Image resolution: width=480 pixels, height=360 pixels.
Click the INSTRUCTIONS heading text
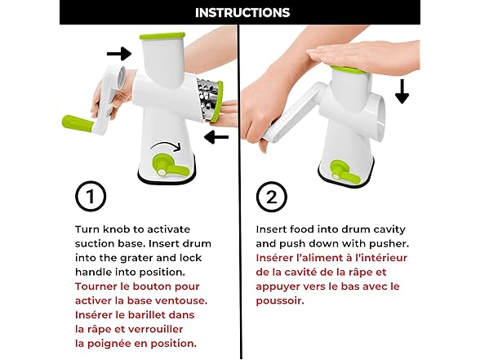pyautogui.click(x=242, y=12)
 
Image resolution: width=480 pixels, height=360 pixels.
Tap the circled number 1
pyautogui.click(x=91, y=196)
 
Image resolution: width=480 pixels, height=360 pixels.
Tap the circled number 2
pyautogui.click(x=272, y=197)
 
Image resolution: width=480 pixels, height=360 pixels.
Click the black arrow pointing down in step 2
pyautogui.click(x=402, y=91)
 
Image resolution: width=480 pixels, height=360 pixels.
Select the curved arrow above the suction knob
pyautogui.click(x=165, y=145)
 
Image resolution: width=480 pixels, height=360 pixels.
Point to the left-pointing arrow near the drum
pyautogui.click(x=216, y=137)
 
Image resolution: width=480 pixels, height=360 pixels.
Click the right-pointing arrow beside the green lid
pyautogui.click(x=119, y=54)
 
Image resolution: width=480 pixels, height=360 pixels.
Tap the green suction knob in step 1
pyautogui.click(x=169, y=167)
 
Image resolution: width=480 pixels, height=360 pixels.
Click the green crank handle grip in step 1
pyautogui.click(x=78, y=124)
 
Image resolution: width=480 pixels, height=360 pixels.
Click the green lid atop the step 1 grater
pyautogui.click(x=162, y=36)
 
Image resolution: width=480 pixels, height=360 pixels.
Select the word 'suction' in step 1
pyautogui.click(x=95, y=243)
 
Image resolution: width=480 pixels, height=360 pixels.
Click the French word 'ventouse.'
pyautogui.click(x=181, y=300)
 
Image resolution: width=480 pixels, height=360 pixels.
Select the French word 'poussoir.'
pyautogui.click(x=280, y=301)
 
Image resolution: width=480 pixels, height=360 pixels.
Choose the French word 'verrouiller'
pyautogui.click(x=155, y=330)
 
